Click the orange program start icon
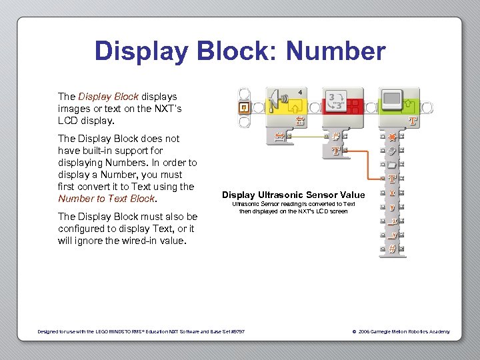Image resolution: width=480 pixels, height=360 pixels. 245,107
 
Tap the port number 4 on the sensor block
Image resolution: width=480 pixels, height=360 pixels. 300,91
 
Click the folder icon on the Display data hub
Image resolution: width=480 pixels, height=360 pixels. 393,164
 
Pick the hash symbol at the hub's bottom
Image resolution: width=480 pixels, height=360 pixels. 393,249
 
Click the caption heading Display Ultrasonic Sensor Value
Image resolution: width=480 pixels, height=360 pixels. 293,195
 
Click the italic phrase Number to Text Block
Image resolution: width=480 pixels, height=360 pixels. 107,199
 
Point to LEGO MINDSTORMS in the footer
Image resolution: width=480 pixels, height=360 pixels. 119,331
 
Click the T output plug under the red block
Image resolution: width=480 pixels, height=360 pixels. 337,151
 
